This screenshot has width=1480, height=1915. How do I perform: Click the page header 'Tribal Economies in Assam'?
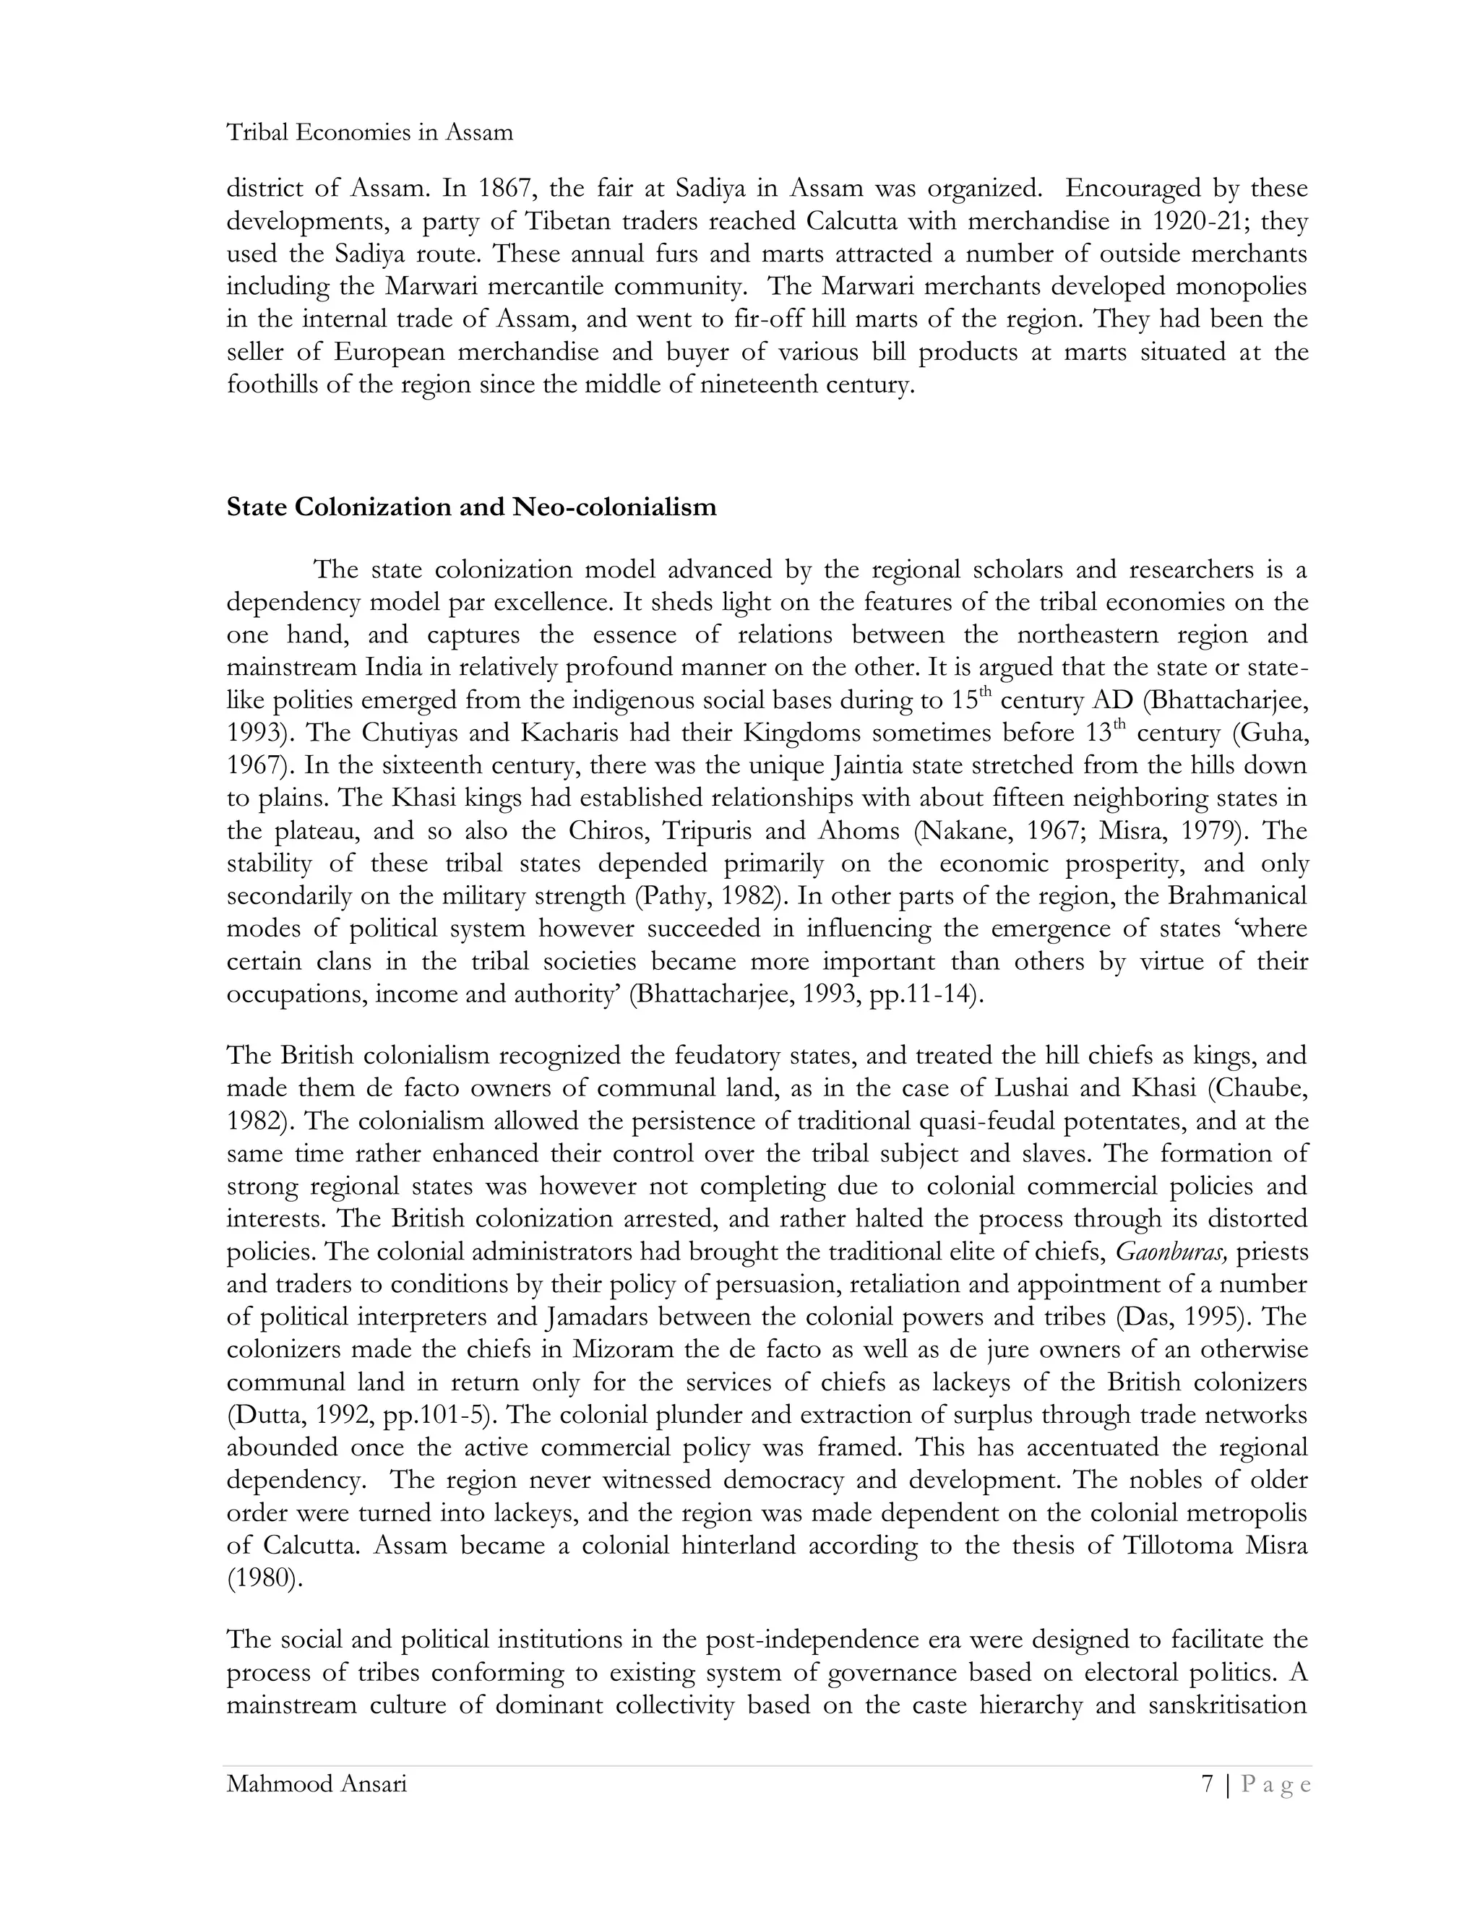tap(369, 132)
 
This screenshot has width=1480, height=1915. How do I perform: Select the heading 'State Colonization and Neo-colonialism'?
tap(471, 507)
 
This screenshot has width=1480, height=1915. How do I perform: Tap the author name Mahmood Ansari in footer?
tap(317, 1783)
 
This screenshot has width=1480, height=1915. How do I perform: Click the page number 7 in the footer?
tap(1208, 1783)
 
